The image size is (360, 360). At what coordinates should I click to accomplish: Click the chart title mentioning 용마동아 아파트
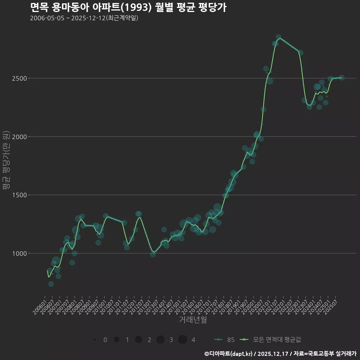tap(128, 7)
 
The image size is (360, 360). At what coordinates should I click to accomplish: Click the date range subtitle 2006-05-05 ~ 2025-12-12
tap(84, 18)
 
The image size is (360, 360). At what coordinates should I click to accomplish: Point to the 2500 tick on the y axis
tap(19, 78)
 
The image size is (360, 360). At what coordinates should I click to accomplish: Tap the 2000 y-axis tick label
tap(19, 137)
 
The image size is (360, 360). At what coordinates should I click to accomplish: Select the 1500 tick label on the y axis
tap(19, 195)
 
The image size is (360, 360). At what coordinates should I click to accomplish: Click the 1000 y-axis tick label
tap(19, 253)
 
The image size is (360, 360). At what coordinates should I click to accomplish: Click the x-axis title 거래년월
tap(193, 320)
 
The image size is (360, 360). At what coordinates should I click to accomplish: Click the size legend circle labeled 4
tap(183, 340)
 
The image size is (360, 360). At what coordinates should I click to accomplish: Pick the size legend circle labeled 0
tap(95, 340)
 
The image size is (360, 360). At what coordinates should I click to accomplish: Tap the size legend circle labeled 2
tap(138, 340)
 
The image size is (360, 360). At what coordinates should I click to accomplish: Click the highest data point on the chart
tap(278, 37)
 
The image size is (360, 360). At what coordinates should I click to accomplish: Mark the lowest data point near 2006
tap(51, 284)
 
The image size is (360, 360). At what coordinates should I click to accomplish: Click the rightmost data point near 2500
tap(341, 78)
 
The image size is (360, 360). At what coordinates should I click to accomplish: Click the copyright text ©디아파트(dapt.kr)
tap(229, 353)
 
